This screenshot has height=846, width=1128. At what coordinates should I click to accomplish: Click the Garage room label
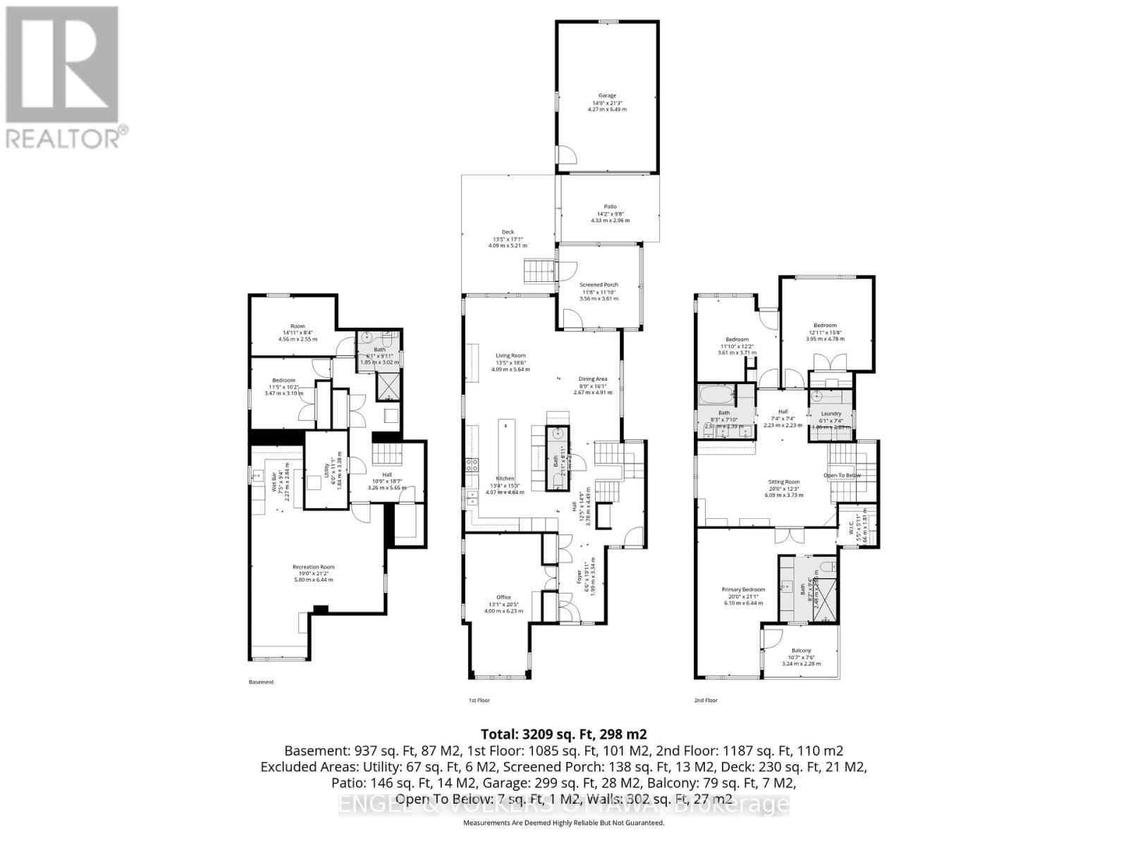607,96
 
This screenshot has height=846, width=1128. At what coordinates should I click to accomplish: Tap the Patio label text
610,207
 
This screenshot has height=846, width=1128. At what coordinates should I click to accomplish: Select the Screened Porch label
599,285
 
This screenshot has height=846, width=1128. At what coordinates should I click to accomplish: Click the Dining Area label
592,379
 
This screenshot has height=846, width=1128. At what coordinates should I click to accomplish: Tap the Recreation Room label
314,567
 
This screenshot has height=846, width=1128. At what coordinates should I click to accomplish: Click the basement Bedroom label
283,381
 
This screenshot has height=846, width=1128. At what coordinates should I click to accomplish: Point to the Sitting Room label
783,482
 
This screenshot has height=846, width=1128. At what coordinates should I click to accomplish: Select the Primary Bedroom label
743,589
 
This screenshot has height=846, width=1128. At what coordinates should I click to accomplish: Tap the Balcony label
801,651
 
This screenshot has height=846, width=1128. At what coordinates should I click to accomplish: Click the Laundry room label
831,414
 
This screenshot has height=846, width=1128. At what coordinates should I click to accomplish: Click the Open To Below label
842,475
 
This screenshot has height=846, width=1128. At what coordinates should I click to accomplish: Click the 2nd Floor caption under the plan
706,701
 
